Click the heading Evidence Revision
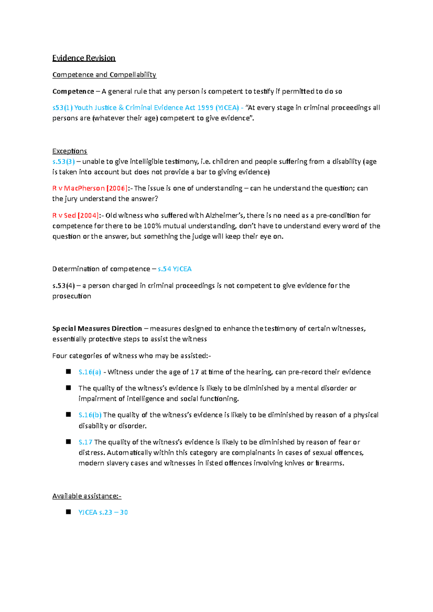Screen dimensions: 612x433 coord(84,58)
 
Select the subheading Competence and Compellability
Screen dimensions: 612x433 coord(104,75)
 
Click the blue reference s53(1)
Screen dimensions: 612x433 coord(62,108)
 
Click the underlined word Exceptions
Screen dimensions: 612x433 coord(70,151)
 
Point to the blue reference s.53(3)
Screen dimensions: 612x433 coord(64,161)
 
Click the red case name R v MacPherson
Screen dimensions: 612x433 coord(78,188)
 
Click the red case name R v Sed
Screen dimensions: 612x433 coord(64,216)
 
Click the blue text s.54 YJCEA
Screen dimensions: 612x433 coord(175,269)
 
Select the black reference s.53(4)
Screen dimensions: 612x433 coord(64,286)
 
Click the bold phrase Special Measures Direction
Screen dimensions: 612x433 coord(97,329)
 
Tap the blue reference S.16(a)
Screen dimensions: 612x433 coord(89,372)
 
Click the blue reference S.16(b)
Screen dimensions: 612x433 coord(90,415)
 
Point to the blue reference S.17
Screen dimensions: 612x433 coord(85,442)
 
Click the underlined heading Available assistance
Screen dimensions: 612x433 coord(87,496)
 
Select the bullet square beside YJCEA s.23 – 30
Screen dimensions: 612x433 coord(68,512)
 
